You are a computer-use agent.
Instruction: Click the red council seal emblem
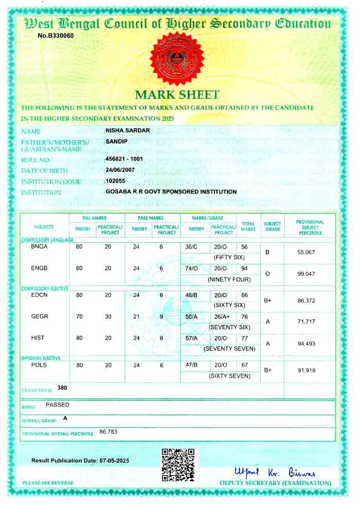[x=177, y=60]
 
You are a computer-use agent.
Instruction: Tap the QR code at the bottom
[x=178, y=465]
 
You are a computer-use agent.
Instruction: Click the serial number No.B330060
[x=56, y=36]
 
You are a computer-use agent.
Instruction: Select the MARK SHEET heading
[x=177, y=95]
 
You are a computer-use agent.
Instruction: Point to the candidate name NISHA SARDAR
[x=128, y=130]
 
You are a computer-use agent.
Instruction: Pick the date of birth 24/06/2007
[x=122, y=170]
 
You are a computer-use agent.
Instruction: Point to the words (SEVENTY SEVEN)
[x=229, y=349]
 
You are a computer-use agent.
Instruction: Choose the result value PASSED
[x=58, y=405]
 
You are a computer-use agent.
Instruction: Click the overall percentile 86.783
[x=109, y=432]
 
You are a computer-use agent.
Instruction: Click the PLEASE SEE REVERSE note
[x=48, y=483]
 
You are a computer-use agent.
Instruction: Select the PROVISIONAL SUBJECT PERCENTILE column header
[x=310, y=227]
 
